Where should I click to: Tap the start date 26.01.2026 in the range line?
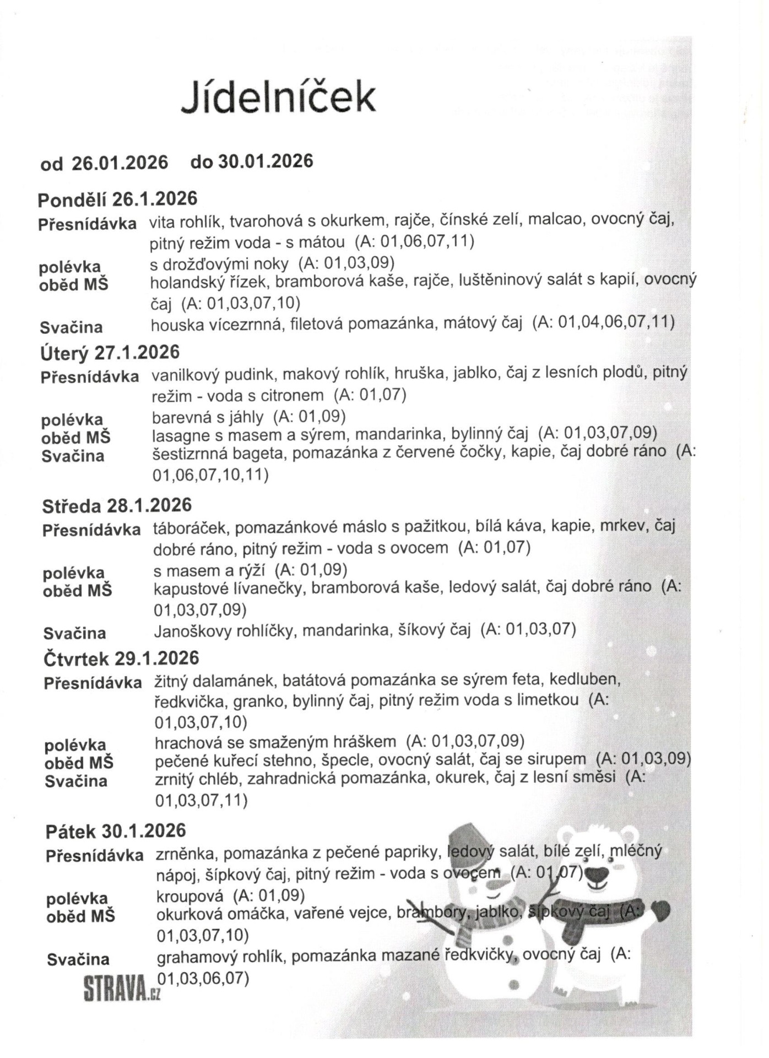(x=120, y=163)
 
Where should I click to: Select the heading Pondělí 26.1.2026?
(x=117, y=199)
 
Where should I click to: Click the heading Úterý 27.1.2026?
(x=110, y=352)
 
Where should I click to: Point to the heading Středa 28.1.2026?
(x=117, y=505)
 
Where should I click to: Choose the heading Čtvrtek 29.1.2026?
(x=121, y=658)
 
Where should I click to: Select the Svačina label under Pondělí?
(x=71, y=328)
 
